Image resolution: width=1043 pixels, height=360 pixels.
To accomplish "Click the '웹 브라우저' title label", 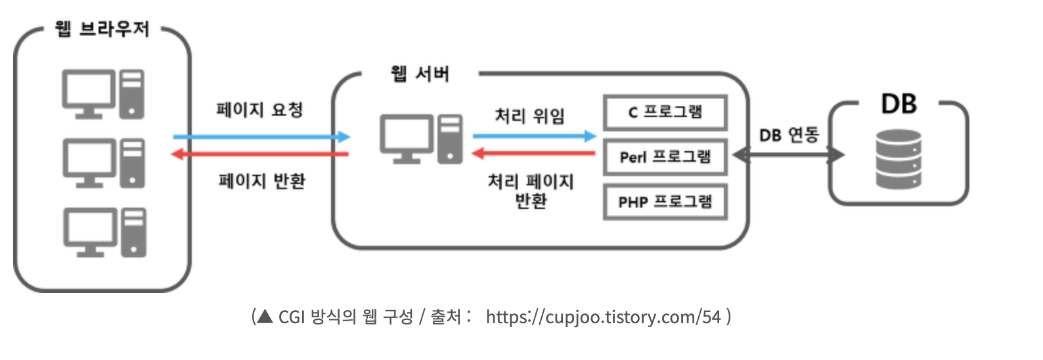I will tap(102, 29).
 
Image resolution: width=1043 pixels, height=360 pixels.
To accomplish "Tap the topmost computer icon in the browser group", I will tap(103, 94).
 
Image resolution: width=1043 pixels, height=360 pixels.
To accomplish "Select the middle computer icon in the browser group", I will tap(104, 162).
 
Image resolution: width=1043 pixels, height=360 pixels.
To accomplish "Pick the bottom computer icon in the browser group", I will tap(104, 232).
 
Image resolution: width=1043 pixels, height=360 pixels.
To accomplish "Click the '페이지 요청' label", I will tap(259, 110).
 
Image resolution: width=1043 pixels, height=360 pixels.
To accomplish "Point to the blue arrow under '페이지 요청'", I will tap(261, 137).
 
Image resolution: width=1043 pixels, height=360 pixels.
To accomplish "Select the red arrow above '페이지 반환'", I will tap(259, 154).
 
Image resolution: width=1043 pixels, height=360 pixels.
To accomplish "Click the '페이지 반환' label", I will tap(261, 181).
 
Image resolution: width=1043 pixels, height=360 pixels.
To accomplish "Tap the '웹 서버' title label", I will tap(420, 74).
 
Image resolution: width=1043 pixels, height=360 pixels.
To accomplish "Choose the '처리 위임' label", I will tap(529, 116).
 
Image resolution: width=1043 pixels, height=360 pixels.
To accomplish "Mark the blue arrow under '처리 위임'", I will tap(534, 136).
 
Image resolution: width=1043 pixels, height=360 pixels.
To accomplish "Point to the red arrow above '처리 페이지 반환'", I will tap(534, 154).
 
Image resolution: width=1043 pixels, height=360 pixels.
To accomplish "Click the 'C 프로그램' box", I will tap(665, 112).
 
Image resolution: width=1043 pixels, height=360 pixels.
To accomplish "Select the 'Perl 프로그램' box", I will tap(665, 157).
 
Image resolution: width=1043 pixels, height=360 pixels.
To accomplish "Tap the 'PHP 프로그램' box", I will tap(665, 202).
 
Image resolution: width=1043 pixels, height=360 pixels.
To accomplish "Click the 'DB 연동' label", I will tap(789, 135).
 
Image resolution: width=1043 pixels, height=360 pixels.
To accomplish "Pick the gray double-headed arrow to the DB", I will tap(788, 155).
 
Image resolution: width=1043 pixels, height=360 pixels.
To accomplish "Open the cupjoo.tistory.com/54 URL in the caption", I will tap(603, 317).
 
